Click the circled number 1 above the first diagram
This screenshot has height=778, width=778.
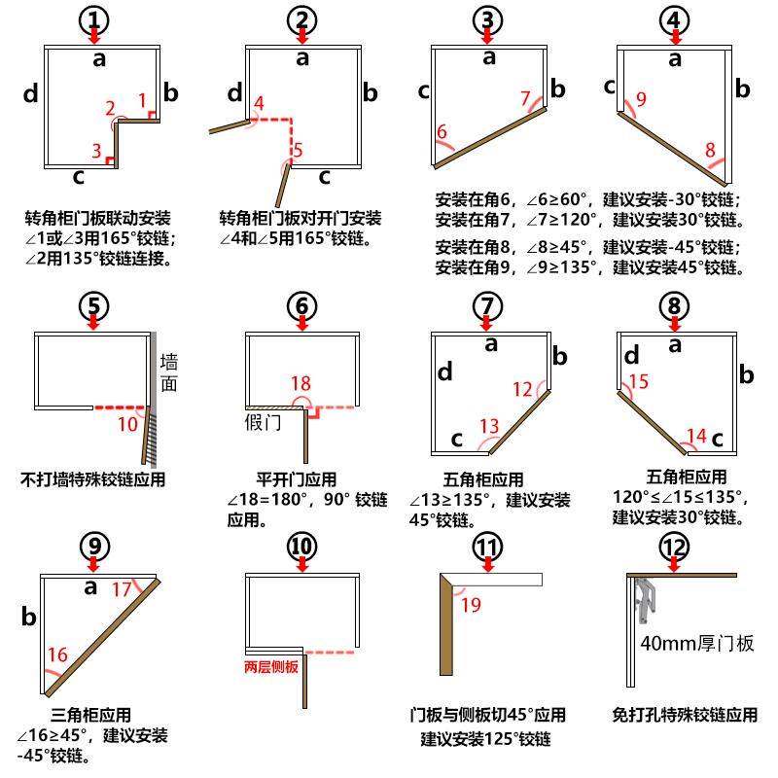click(x=93, y=19)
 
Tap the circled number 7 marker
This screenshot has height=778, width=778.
click(x=488, y=303)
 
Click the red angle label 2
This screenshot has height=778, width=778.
click(x=110, y=108)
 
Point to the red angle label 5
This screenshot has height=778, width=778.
click(x=298, y=150)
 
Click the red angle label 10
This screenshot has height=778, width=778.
click(x=127, y=424)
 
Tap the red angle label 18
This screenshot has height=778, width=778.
click(x=301, y=383)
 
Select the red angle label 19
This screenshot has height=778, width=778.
click(x=471, y=605)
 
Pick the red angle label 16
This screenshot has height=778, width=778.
click(x=57, y=654)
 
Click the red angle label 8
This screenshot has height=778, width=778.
click(x=710, y=150)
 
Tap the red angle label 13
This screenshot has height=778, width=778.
click(x=489, y=426)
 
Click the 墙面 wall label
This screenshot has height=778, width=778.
click(x=169, y=372)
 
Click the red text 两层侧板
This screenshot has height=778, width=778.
click(x=271, y=668)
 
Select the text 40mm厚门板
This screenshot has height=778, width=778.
click(x=697, y=643)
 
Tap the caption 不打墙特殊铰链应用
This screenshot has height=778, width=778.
click(x=93, y=478)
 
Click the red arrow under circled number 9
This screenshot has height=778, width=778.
click(x=93, y=565)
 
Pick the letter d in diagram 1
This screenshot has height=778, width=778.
click(x=31, y=93)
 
